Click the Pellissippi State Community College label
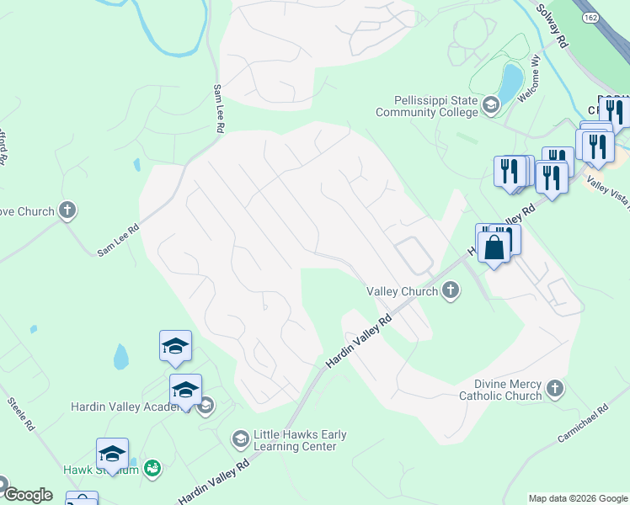425,106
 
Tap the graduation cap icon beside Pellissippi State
490,105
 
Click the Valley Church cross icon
451,291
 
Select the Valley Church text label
402,291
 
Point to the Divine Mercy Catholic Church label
501,390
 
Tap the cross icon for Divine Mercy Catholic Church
554,389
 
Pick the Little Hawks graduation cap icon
240,439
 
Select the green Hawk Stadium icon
152,467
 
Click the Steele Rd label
20,413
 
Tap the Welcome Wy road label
532,80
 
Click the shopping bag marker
494,248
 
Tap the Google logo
27,495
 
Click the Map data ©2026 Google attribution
578,498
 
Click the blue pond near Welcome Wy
510,81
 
